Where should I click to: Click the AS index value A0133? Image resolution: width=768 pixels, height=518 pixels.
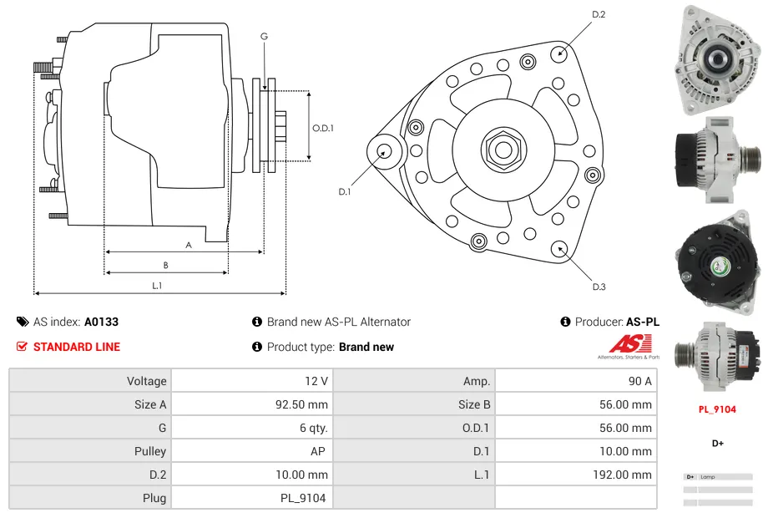[101, 322]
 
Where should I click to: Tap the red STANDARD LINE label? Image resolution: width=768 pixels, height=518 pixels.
[76, 347]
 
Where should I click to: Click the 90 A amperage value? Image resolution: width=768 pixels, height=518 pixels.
[639, 381]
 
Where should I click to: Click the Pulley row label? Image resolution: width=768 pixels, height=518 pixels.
[150, 451]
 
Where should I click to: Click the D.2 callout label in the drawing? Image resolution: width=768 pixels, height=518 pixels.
[599, 14]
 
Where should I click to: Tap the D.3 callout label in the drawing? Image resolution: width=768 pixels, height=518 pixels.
[599, 287]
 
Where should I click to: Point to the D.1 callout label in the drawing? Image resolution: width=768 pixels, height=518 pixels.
[345, 191]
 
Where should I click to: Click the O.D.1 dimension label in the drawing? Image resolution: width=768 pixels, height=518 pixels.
[323, 128]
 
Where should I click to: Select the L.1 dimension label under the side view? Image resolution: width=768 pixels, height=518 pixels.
[156, 286]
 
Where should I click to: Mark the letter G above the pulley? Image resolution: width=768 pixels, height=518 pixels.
[264, 36]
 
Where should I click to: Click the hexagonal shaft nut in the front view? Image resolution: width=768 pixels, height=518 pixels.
[502, 150]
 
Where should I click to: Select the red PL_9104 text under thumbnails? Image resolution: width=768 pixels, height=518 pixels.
[717, 409]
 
